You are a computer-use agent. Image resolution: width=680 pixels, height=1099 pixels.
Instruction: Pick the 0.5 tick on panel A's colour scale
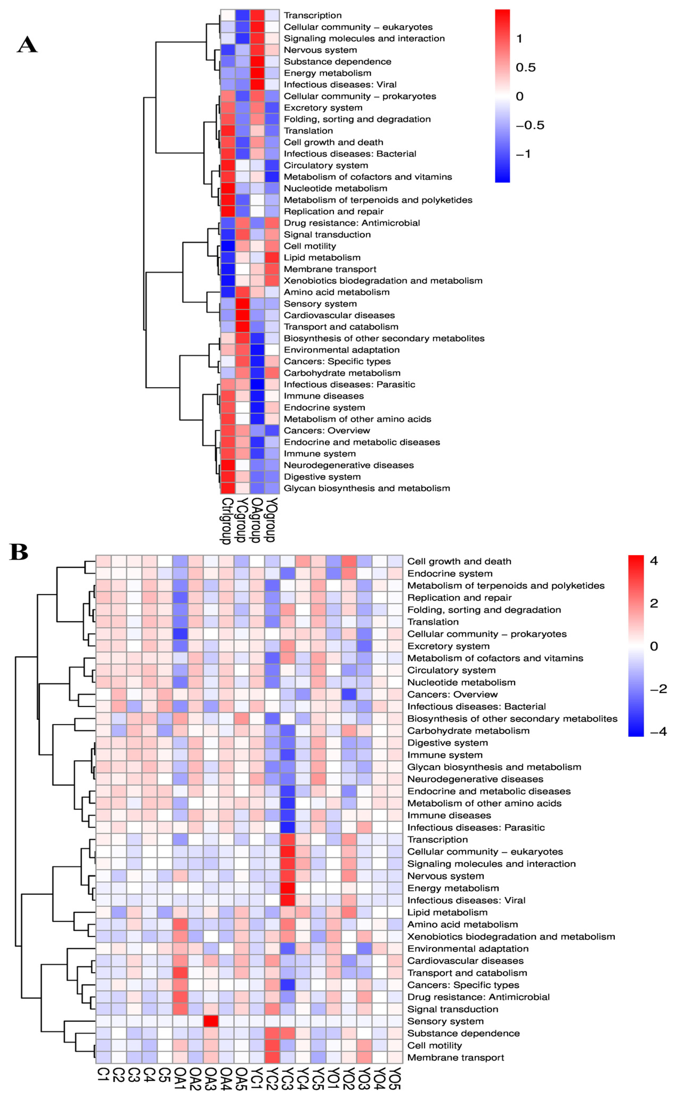coord(525,67)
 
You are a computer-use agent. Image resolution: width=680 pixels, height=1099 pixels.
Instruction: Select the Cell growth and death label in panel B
coord(459,561)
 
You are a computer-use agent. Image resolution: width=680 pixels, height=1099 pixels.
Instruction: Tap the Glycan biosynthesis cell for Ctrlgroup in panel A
coord(227,488)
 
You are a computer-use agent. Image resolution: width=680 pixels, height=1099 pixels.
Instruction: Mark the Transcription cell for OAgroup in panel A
coord(257,15)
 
